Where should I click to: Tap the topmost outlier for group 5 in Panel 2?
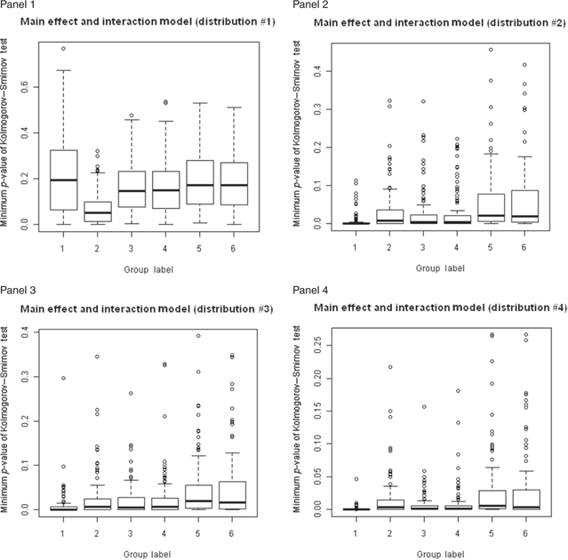click(490, 50)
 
